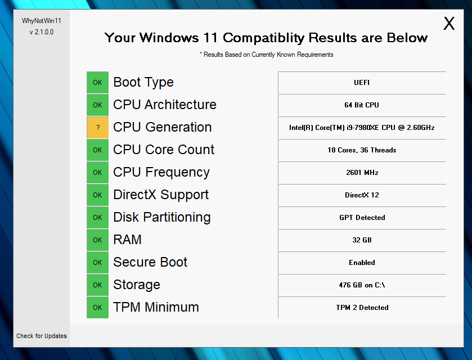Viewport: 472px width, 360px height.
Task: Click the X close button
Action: pos(449,24)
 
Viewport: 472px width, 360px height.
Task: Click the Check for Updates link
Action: pos(42,336)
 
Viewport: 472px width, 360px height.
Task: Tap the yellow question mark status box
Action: pos(97,128)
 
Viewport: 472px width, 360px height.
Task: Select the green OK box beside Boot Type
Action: pos(97,83)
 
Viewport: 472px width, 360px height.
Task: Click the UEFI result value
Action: pos(362,83)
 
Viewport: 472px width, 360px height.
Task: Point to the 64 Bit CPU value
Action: pos(362,105)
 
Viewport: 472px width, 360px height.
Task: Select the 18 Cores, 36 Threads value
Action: pos(362,150)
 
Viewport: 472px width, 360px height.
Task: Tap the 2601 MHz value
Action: pos(362,173)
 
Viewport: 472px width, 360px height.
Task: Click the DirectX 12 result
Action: pos(362,195)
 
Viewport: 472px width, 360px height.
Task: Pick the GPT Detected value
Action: pos(362,218)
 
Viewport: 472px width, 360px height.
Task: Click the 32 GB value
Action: pos(362,240)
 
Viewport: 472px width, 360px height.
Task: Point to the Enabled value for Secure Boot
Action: pos(362,263)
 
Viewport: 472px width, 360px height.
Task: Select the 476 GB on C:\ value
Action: pos(362,285)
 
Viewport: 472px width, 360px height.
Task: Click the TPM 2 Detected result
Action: pos(362,308)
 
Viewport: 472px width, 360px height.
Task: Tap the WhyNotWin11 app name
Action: pos(42,21)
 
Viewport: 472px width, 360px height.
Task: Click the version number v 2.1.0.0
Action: pos(42,32)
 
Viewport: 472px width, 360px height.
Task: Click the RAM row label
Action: pos(127,240)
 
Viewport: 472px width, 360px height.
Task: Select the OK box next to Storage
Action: pos(97,285)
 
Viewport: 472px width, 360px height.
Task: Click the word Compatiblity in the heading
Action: pos(263,38)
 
